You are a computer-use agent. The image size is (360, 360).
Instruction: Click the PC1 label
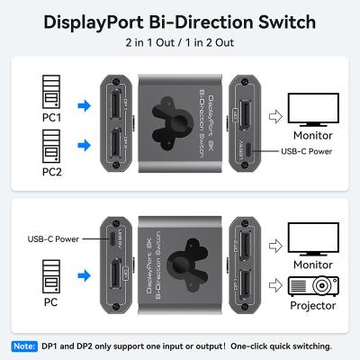coord(49,117)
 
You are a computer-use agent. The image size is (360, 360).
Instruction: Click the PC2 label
coord(49,170)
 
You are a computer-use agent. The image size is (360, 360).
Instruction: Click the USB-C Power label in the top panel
coord(305,151)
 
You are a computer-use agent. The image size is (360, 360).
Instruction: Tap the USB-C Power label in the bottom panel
coord(54,238)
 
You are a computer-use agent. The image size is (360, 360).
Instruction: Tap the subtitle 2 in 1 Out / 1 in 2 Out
coord(180,42)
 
